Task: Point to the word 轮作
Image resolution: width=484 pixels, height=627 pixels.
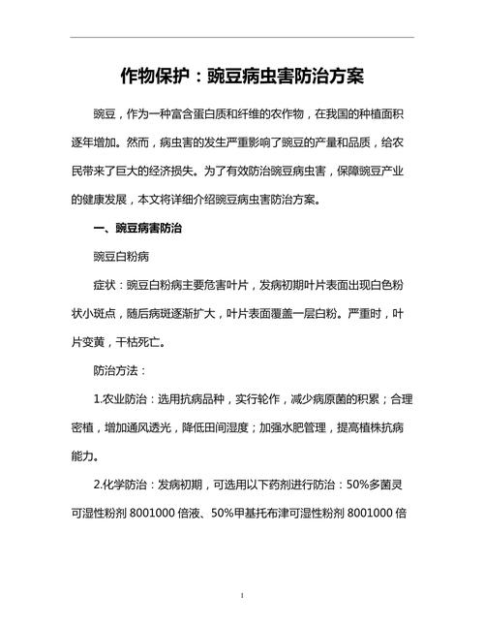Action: click(264, 400)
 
